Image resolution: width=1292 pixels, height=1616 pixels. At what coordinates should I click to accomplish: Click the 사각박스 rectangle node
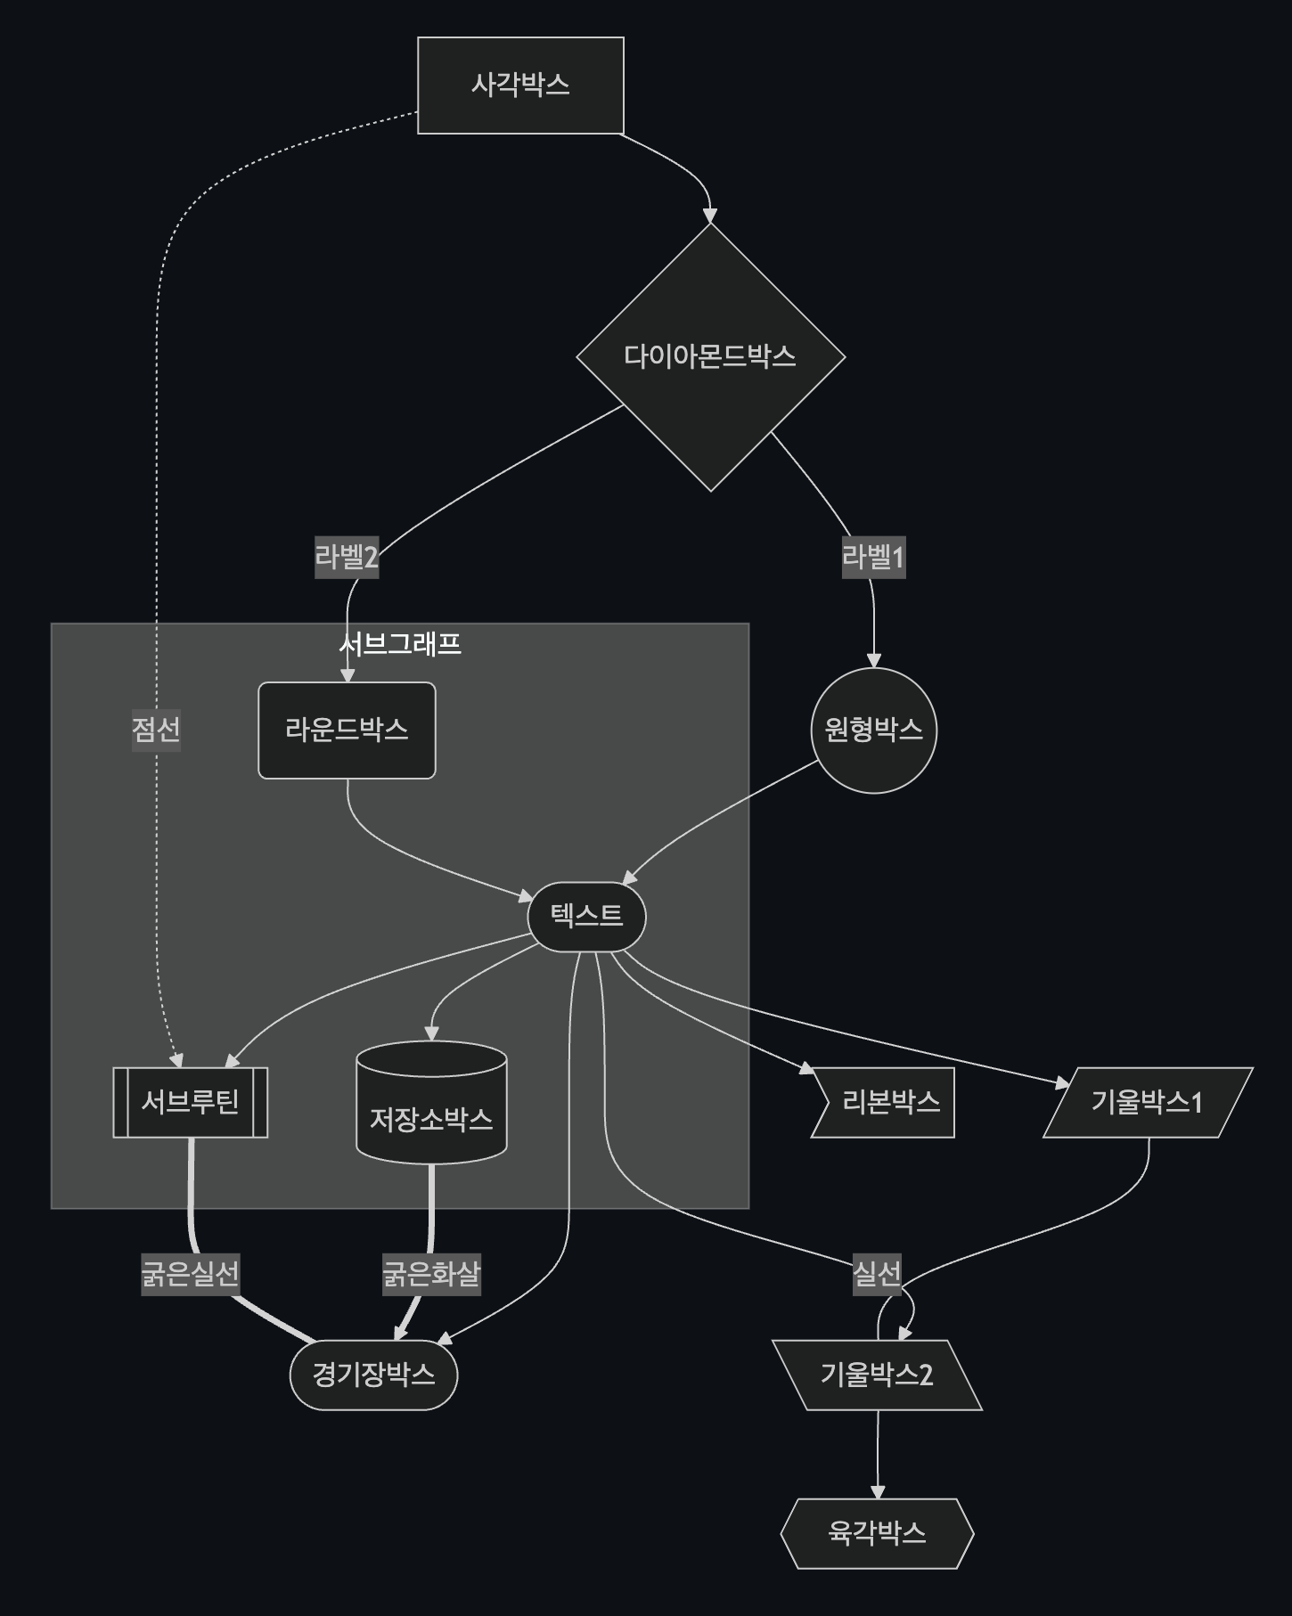point(520,86)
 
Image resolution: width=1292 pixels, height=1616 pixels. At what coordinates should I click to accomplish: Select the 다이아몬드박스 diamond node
point(710,356)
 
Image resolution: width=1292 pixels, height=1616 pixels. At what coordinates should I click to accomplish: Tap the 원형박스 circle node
point(873,730)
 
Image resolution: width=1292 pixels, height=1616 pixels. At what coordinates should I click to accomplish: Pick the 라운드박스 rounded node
point(347,730)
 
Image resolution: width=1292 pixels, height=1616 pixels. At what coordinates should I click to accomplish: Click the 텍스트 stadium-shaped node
point(586,916)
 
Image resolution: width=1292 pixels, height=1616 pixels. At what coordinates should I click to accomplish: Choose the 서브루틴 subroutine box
point(190,1102)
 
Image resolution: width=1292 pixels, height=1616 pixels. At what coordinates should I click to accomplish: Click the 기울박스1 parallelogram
point(1147,1102)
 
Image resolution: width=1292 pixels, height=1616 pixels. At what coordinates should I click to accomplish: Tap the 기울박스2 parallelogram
point(877,1375)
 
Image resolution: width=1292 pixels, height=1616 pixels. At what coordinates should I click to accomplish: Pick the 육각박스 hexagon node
point(877,1533)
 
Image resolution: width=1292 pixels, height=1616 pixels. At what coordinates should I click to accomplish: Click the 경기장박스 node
point(373,1375)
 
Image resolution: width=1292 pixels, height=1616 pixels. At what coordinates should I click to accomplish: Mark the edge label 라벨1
point(873,558)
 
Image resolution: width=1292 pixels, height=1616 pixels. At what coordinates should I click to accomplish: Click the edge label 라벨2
point(347,558)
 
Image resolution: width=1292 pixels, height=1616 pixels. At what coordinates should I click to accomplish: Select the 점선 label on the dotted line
point(156,730)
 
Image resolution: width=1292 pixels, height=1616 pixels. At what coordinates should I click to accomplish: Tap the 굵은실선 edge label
point(190,1274)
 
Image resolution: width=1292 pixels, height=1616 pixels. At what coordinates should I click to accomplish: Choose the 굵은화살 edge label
point(431,1274)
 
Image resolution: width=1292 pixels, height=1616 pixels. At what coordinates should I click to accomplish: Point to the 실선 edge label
point(877,1274)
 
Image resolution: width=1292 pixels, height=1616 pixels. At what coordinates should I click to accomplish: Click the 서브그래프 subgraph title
point(400,644)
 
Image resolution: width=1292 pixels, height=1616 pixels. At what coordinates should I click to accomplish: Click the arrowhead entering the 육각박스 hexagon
point(878,1492)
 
